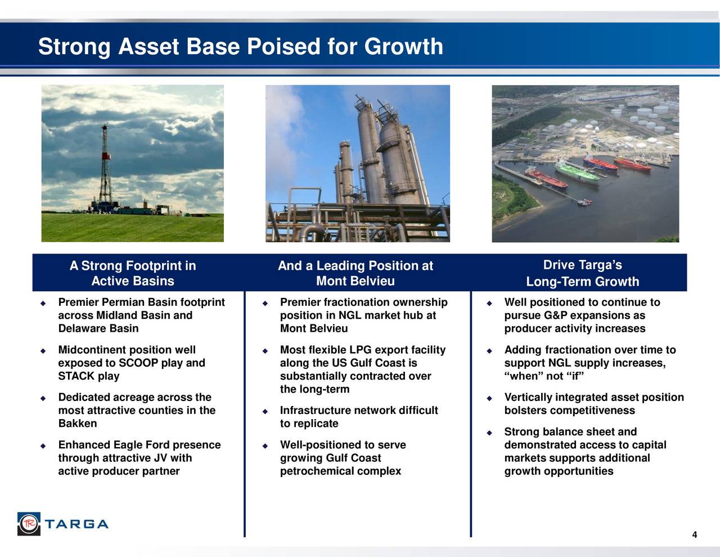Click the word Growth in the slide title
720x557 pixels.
[x=403, y=46]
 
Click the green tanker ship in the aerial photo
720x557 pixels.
[x=577, y=172]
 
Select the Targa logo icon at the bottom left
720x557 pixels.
[x=29, y=524]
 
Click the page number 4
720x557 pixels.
[x=694, y=535]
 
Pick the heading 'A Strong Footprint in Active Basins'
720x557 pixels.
[x=133, y=273]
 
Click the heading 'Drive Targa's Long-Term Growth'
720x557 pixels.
[x=582, y=273]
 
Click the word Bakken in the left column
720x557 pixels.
[x=78, y=424]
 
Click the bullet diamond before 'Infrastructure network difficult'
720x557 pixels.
[x=265, y=411]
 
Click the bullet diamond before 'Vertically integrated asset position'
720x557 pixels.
[x=489, y=398]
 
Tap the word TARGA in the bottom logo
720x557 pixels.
[x=76, y=524]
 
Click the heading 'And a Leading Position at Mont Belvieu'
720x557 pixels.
[x=355, y=273]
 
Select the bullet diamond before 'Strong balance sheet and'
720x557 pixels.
[x=489, y=433]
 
